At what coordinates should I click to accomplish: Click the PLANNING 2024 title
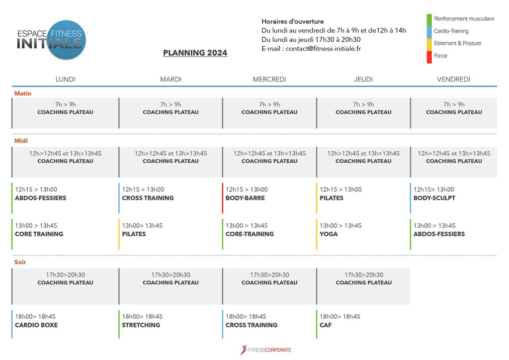click(195, 53)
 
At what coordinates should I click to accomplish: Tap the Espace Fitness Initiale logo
click(51, 40)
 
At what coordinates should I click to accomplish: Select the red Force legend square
click(429, 57)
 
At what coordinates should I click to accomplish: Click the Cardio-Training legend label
click(451, 31)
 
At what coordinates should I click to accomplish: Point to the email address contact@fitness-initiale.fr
click(323, 49)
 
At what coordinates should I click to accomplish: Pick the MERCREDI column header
click(269, 79)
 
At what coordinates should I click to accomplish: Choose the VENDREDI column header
click(453, 79)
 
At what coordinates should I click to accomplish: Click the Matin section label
click(23, 93)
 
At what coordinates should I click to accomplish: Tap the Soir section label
click(20, 262)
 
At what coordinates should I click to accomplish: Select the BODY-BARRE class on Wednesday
click(245, 198)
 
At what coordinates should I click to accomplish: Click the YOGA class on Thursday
click(329, 234)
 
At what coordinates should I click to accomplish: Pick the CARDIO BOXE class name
click(36, 325)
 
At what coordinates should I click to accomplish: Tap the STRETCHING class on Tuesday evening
click(141, 325)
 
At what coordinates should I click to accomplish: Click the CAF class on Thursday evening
click(326, 325)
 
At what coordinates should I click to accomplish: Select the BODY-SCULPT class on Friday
click(434, 198)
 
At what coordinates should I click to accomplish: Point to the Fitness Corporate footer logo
click(265, 350)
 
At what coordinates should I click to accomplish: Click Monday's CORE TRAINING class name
click(39, 234)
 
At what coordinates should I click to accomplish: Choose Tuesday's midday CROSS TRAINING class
click(148, 198)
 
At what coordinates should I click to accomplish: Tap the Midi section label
click(21, 141)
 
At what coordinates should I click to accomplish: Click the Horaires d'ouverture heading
click(292, 21)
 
